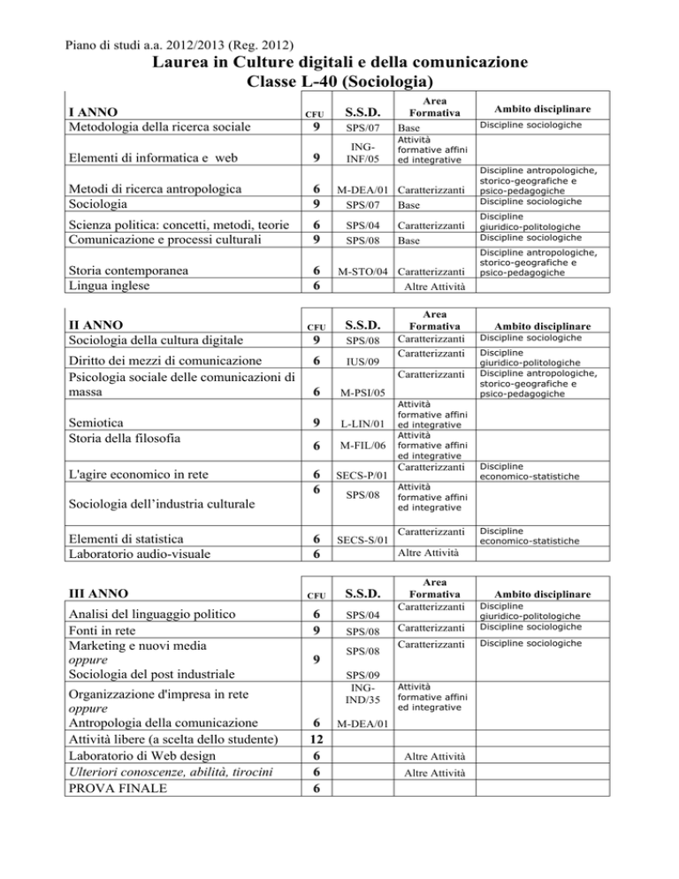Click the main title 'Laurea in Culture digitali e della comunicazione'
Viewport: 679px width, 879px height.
340,63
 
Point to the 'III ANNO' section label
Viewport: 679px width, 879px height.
103,592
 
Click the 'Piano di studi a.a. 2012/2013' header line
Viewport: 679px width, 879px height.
181,42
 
